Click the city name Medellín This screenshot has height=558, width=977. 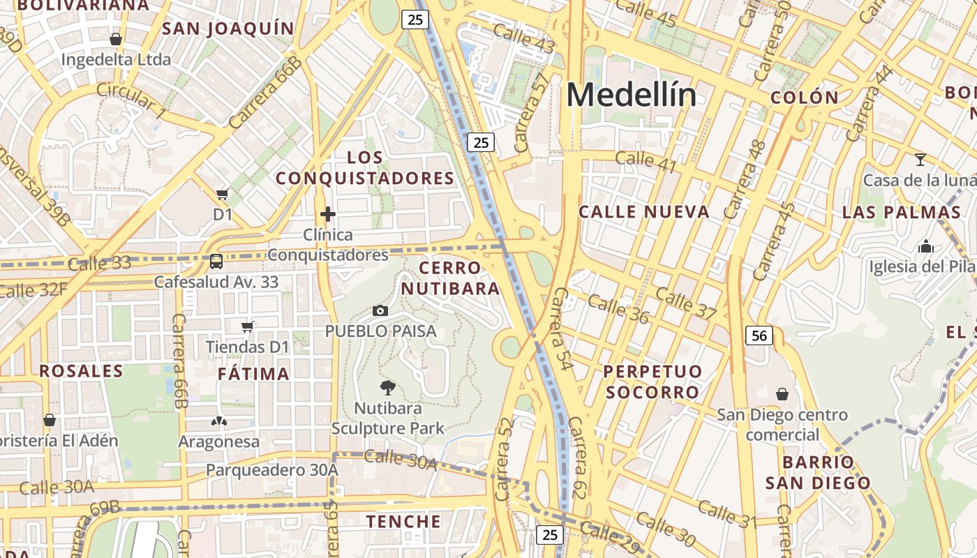pos(631,95)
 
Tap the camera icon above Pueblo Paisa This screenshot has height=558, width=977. pos(380,310)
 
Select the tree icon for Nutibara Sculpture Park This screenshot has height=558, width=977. pos(387,388)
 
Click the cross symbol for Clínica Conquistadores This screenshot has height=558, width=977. pos(328,214)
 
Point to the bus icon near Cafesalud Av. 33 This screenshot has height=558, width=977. pos(216,262)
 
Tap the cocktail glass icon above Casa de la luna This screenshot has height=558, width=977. pos(920,160)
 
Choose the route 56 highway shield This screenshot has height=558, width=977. pos(759,335)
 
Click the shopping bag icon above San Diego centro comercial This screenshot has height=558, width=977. pos(782,394)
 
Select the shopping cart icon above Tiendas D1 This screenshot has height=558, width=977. pos(247,326)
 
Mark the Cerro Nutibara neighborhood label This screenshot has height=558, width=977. pos(451,278)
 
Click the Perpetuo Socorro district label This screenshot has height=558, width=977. pos(652,381)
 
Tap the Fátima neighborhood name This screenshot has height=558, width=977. pos(253,374)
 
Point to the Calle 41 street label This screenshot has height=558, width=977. pos(646,161)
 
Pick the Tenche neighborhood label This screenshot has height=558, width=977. pos(403,522)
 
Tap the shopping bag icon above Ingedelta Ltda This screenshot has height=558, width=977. pos(116,39)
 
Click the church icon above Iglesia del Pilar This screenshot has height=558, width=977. pos(926,246)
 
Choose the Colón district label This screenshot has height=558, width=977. pos(804,98)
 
